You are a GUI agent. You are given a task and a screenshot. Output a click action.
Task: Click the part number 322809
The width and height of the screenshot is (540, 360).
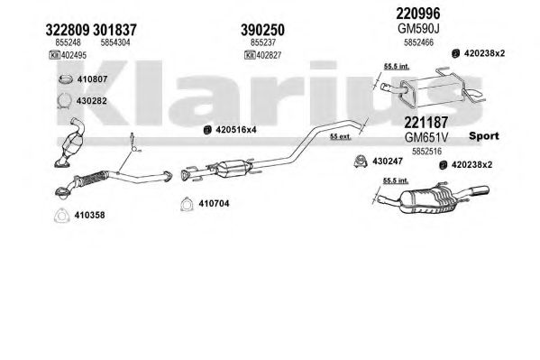tap(67, 30)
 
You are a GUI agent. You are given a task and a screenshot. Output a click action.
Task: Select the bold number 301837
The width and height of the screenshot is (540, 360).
tap(114, 30)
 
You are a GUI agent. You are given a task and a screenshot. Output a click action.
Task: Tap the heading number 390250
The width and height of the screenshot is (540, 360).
tap(262, 30)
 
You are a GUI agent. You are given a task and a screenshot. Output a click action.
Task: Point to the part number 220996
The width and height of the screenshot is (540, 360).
tap(418, 14)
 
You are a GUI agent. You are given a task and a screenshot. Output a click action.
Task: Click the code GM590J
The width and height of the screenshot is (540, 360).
tap(418, 29)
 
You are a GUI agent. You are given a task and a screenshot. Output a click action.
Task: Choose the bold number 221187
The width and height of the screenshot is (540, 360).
tap(426, 123)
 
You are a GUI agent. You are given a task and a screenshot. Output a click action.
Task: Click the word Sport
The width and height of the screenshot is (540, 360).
tap(484, 136)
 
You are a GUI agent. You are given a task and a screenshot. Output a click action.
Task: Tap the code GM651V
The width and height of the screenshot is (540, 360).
tap(426, 137)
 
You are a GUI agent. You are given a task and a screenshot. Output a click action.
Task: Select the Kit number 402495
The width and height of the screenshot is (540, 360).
tap(74, 55)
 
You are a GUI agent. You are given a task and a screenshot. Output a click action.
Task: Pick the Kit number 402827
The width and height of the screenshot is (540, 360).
tap(269, 55)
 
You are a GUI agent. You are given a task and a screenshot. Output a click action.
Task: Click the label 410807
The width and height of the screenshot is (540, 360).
tap(92, 79)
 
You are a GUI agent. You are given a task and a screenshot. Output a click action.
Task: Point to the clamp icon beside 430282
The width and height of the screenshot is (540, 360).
tap(64, 101)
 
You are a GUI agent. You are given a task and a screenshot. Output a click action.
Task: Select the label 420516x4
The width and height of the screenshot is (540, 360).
tap(236, 130)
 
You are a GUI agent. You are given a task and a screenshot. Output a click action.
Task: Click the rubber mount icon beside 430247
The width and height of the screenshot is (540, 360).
tap(361, 162)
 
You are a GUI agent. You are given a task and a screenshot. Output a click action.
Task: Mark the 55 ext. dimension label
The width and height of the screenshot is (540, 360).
tap(340, 136)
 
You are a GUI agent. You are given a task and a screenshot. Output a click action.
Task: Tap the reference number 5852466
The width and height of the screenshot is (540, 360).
tap(418, 42)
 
